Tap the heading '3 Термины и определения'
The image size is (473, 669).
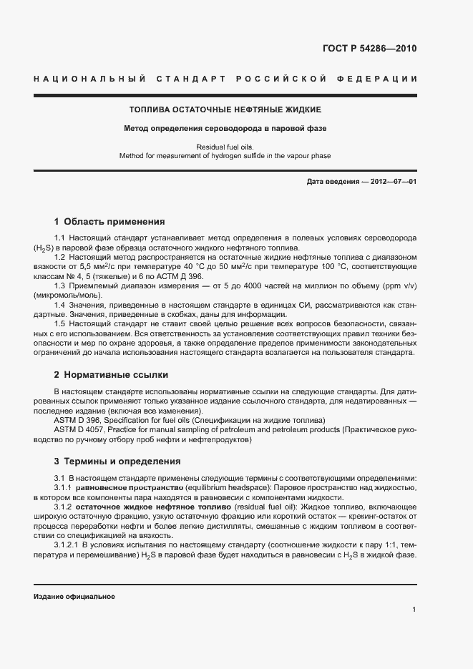pyautogui.click(x=117, y=461)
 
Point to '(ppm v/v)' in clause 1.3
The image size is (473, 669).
pyautogui.click(x=398, y=285)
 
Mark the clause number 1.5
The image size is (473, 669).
pyautogui.click(x=60, y=323)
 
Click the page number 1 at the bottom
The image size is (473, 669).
pyautogui.click(x=414, y=610)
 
